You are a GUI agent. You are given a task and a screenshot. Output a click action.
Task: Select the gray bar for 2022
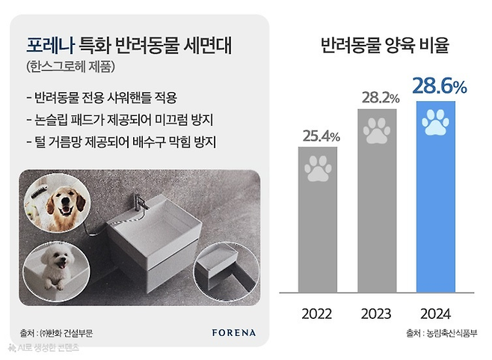point(318,225)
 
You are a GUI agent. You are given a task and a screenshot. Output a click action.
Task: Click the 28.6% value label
point(439,86)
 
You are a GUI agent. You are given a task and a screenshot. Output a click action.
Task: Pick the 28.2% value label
point(380,98)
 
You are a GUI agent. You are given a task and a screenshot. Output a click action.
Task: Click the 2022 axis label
point(317,313)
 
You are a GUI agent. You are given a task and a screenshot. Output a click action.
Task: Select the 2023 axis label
point(378,313)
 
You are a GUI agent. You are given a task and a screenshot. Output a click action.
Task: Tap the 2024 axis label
point(438,313)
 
